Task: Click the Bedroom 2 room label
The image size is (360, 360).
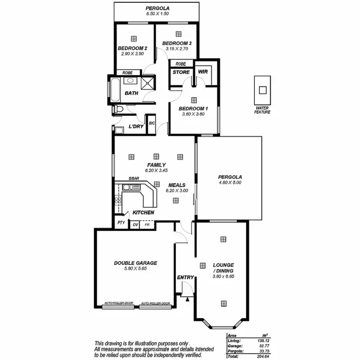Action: (132, 48)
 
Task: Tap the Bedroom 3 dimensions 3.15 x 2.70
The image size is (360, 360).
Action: (179, 48)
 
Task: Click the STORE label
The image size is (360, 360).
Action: (181, 72)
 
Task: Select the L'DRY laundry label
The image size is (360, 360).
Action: (136, 127)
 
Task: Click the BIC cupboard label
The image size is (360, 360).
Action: (152, 123)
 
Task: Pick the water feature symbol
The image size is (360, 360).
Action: (263, 89)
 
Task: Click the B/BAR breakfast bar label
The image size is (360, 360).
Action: (133, 179)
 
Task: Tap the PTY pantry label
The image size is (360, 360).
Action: (120, 224)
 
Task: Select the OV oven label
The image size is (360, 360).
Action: (135, 224)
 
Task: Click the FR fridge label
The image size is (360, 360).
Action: (147, 224)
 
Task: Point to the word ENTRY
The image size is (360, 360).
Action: (185, 277)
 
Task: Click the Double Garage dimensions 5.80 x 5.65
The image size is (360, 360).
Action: (135, 269)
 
